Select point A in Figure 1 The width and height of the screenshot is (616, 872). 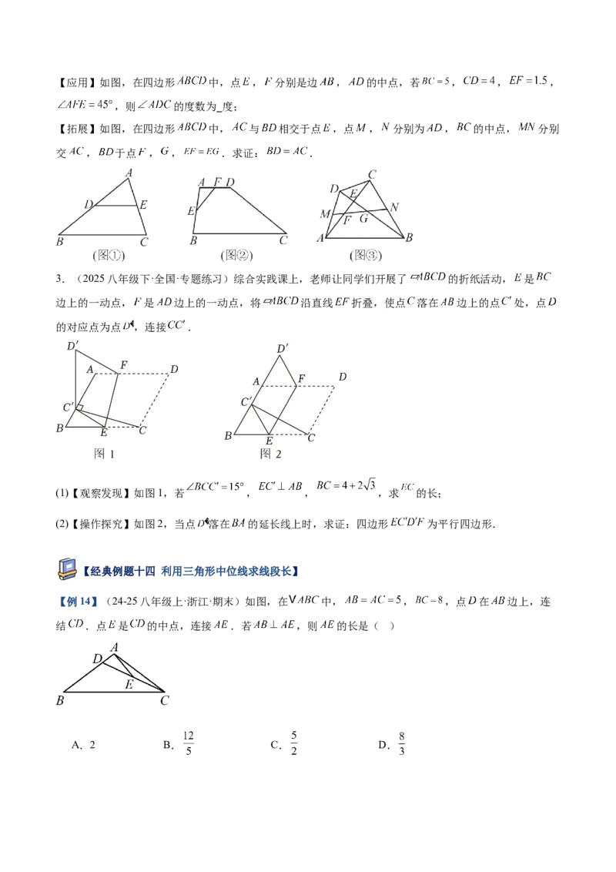coord(89,370)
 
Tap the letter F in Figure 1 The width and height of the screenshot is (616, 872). coord(123,364)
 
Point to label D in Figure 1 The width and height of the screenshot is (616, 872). coord(174,370)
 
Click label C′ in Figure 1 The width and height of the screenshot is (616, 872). coord(69,407)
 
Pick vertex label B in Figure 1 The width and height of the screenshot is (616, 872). coord(59,428)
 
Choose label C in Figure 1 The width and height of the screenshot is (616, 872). coord(142,430)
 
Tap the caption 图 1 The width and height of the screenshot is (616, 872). coord(104,454)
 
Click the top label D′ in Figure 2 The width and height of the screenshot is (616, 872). coord(283,349)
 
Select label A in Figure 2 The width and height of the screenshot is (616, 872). coord(256,381)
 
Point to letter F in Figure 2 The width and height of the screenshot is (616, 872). coord(301,377)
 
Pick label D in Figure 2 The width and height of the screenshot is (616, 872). coord(342,377)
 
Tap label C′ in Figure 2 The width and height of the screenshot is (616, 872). coord(246,402)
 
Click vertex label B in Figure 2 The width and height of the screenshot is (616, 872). coord(227,437)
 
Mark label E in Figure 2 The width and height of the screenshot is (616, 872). coord(269,441)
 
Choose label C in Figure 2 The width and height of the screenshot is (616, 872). coord(310,438)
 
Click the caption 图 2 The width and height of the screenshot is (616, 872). coord(271,454)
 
